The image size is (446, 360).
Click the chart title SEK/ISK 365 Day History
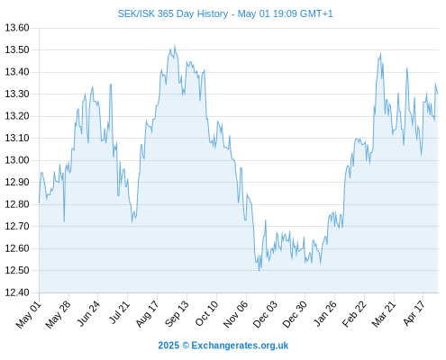[x=173, y=13]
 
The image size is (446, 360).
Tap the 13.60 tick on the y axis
[x=17, y=28]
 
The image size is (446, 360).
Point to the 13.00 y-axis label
[x=17, y=160]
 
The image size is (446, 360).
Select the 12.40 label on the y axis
[x=17, y=292]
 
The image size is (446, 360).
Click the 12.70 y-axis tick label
[x=17, y=226]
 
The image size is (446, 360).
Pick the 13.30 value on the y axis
[x=17, y=94]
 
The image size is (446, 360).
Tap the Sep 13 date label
[x=177, y=313]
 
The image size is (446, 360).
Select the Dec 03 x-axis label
[x=266, y=314]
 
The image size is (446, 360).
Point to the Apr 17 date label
[x=414, y=313]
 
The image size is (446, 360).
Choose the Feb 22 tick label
[x=354, y=314]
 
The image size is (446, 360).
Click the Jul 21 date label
[x=119, y=312]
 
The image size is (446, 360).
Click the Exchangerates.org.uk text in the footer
[x=240, y=346]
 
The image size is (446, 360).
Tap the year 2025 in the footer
[x=168, y=346]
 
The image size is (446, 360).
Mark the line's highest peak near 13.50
[x=175, y=46]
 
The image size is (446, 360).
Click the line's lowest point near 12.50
[x=259, y=270]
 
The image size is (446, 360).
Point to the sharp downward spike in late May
[x=64, y=221]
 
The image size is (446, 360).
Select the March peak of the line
[x=380, y=53]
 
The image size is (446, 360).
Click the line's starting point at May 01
[x=39, y=203]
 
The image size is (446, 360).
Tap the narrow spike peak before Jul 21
[x=111, y=85]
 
